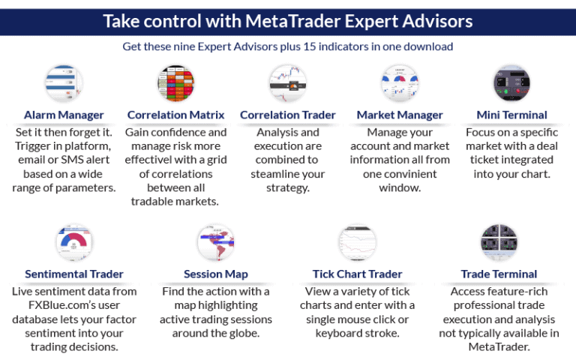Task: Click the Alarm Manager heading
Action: [x=64, y=115]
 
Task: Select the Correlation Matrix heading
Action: [x=175, y=115]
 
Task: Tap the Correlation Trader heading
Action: [x=288, y=115]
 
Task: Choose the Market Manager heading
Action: [x=400, y=115]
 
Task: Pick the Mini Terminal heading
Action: [x=512, y=115]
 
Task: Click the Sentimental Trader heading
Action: [x=74, y=274]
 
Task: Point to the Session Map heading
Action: [x=216, y=274]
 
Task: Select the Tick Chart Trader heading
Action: [x=357, y=274]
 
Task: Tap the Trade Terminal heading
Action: [x=499, y=274]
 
